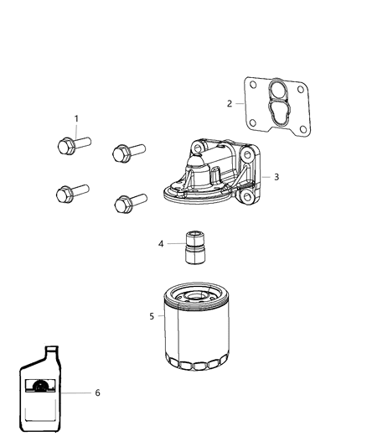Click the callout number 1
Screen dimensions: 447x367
(x=77, y=119)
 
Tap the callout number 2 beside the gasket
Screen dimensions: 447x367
(x=229, y=104)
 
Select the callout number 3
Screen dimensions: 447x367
(x=276, y=178)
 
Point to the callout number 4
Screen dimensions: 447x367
(x=161, y=245)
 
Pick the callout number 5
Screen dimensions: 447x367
(x=152, y=316)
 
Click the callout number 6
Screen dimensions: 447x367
(x=97, y=392)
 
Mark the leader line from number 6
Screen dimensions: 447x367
(x=75, y=392)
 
